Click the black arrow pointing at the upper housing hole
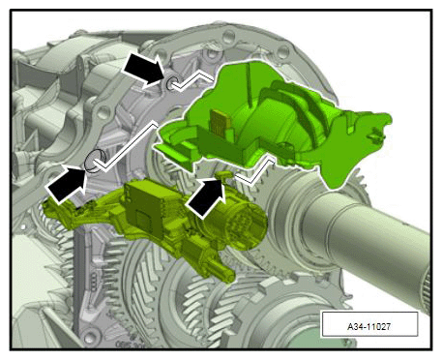(144, 69)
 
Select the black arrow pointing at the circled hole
(67, 184)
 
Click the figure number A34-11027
(368, 326)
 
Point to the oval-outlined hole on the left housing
(95, 161)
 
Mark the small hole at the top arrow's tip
(171, 83)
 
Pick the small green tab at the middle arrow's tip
(224, 174)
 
